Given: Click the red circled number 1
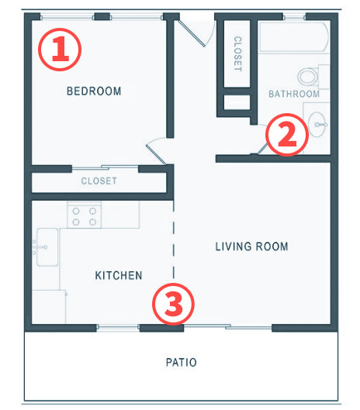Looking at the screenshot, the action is [60, 50].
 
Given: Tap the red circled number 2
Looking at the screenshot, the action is [287, 135].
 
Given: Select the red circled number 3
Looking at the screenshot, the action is [173, 304].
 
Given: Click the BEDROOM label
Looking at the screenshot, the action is [94, 91].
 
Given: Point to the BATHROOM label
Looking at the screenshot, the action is [294, 94].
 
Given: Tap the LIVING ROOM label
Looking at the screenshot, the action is [251, 246].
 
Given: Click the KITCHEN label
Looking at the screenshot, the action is [119, 275].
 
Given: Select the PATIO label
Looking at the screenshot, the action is [182, 363].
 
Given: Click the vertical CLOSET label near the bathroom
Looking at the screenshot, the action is [237, 53].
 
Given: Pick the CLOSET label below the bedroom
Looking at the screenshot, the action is [99, 181].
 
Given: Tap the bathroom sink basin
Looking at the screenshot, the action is [317, 125].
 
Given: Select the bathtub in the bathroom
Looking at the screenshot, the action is [293, 37].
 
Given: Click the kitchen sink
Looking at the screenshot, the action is [47, 247].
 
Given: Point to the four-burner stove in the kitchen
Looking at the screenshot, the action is [84, 215].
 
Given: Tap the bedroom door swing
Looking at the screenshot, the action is [157, 151].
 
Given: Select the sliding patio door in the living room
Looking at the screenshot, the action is [228, 326].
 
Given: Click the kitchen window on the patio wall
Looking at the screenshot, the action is [118, 326].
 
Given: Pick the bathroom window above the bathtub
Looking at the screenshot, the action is [294, 18].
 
